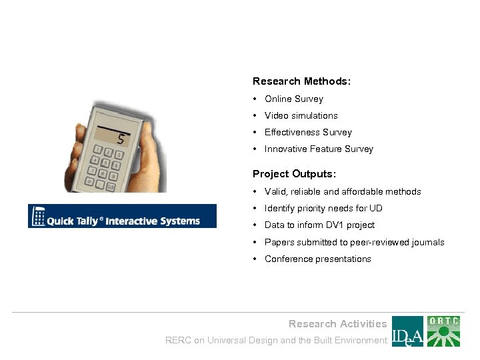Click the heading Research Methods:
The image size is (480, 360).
pos(301,81)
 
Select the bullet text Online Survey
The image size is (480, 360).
pos(293,99)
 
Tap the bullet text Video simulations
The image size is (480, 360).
pos(301,115)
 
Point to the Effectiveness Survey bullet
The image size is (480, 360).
pos(307,132)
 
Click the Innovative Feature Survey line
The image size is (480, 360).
pos(319,149)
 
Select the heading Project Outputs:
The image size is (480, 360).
pos(294,174)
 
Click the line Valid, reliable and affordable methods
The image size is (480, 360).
pos(343,191)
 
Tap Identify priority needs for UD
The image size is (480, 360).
pos(323,208)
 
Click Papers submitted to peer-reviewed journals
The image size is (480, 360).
pos(354,242)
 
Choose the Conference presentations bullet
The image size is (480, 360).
pos(317,259)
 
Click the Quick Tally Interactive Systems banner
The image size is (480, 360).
pos(122,216)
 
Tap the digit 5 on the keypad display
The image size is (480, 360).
pos(121,139)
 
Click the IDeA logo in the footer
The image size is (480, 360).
pos(407,331)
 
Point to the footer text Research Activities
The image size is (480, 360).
pos(337,324)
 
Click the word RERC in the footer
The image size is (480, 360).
pos(178,340)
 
